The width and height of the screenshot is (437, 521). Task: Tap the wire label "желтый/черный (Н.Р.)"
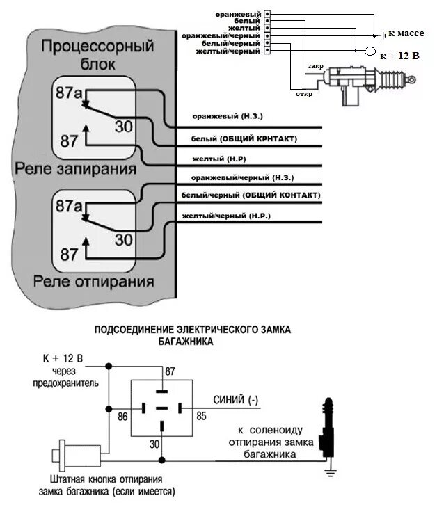click(x=226, y=216)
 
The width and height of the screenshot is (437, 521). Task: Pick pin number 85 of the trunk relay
click(x=201, y=417)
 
